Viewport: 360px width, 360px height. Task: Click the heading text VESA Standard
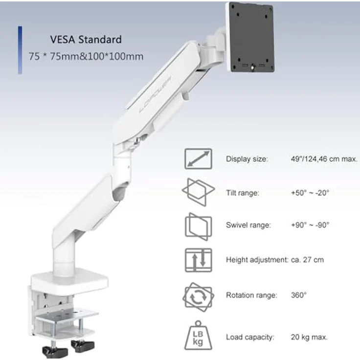point(86,39)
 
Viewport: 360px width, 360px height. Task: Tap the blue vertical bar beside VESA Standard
point(20,50)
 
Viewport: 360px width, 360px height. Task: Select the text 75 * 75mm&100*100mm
point(86,57)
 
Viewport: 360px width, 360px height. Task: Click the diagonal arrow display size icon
point(198,159)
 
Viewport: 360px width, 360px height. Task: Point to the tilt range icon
point(198,192)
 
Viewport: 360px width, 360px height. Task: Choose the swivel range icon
point(198,225)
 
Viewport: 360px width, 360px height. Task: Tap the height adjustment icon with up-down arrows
point(198,260)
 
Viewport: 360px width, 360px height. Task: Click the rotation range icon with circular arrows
point(198,295)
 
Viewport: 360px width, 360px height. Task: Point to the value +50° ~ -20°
point(310,193)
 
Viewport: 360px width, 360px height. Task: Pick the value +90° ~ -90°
point(310,225)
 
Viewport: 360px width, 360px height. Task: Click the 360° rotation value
point(298,295)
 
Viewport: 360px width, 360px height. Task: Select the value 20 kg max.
point(309,337)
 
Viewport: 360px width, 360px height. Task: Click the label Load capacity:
point(250,337)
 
